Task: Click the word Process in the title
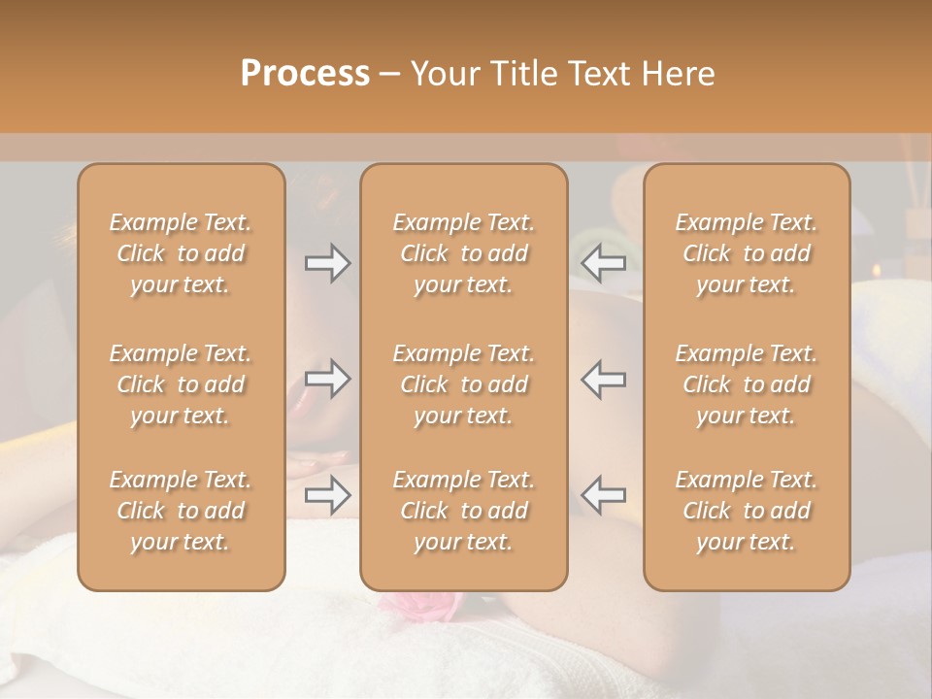coord(305,74)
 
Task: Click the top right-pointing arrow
coord(327,263)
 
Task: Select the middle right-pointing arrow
coord(327,380)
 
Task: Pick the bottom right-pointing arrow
coord(327,495)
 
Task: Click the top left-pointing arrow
coord(603,263)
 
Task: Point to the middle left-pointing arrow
coord(603,380)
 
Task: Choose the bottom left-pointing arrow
coord(603,495)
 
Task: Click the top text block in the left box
coord(181,253)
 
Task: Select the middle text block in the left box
coord(181,384)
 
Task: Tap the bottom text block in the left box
coord(181,511)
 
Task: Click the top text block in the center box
coord(463,253)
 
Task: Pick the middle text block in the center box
coord(463,384)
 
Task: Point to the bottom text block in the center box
coord(463,511)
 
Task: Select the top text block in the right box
coord(746,253)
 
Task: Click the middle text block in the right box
coord(746,384)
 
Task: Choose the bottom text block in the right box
coord(746,511)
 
